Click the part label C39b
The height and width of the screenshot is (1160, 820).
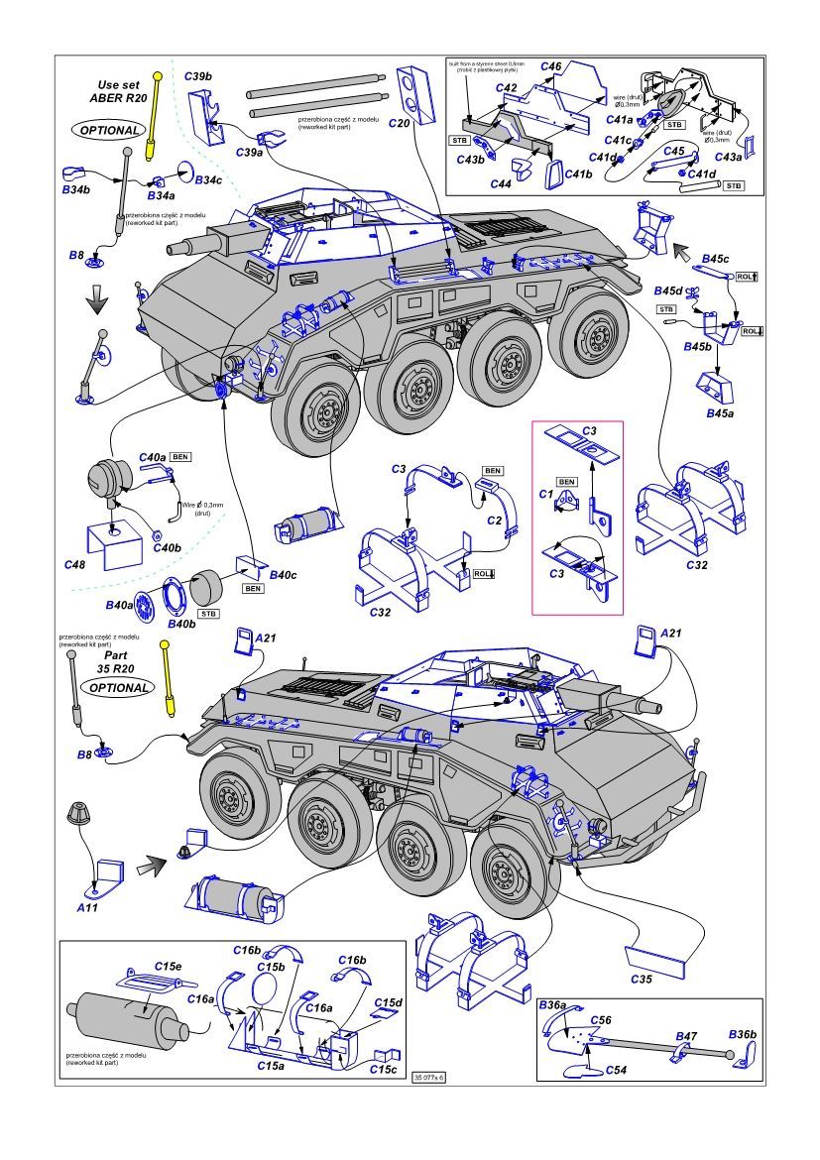click(198, 76)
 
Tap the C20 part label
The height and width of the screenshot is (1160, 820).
click(399, 122)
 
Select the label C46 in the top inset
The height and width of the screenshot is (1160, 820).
click(551, 65)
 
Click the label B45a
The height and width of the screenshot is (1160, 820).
click(719, 411)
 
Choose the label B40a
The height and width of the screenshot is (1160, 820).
click(119, 605)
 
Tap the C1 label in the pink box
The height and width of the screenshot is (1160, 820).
click(544, 492)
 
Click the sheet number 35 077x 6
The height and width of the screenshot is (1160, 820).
click(430, 1077)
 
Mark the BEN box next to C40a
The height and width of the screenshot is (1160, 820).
click(180, 456)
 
